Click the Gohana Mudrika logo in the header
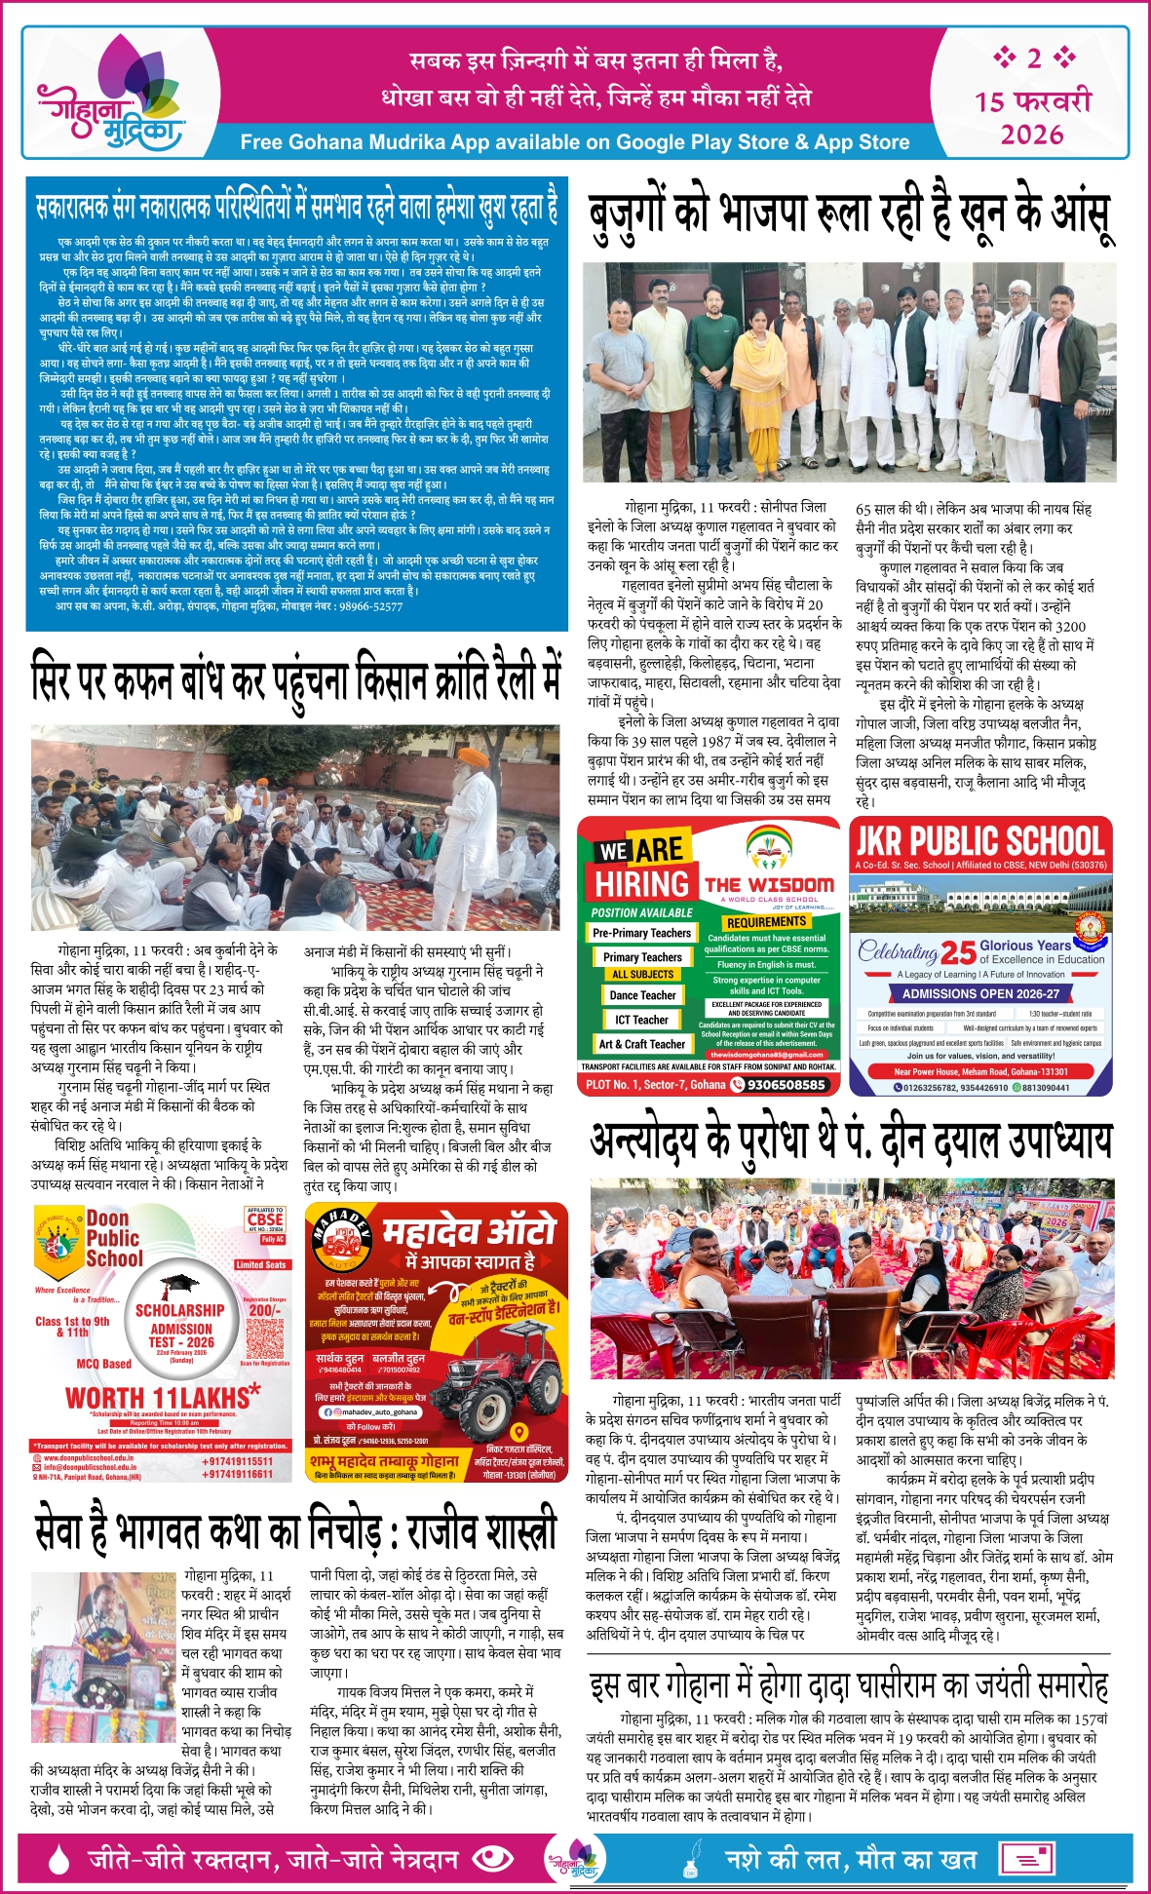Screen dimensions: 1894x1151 click(x=109, y=98)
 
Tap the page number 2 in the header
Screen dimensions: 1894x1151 click(x=1033, y=58)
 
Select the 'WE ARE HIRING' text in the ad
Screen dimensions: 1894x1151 click(x=641, y=867)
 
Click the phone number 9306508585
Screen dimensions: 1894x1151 click(x=786, y=1084)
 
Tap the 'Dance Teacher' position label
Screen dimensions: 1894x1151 click(x=642, y=995)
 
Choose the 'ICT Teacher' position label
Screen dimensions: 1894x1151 click(x=641, y=1020)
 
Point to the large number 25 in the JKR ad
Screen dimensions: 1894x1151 click(x=958, y=952)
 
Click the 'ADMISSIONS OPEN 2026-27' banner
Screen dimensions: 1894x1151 click(x=980, y=993)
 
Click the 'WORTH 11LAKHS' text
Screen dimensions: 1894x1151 click(x=163, y=1397)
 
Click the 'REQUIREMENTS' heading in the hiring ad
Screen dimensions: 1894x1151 click(x=766, y=921)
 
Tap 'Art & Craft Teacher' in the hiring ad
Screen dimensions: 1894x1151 click(x=641, y=1044)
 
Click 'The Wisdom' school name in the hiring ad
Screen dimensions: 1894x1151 click(x=769, y=884)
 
